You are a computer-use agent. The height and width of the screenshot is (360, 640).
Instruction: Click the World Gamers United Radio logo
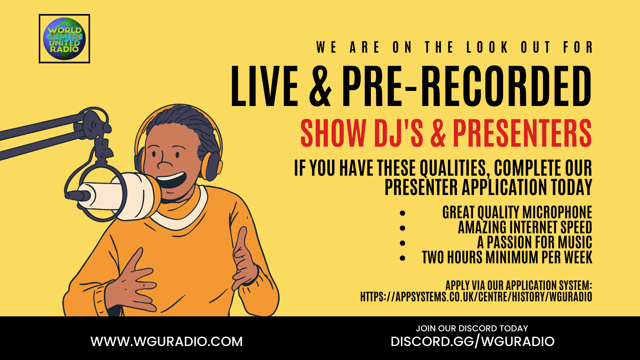click(64, 39)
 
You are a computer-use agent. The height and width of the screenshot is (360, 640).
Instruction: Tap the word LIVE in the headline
click(264, 86)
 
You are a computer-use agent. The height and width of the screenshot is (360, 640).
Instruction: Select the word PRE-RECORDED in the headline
click(467, 86)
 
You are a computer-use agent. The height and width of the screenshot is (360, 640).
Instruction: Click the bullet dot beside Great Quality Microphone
click(403, 213)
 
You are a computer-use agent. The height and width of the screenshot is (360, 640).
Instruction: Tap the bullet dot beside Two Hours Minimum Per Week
click(403, 258)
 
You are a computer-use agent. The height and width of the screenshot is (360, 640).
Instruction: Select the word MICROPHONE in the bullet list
click(557, 212)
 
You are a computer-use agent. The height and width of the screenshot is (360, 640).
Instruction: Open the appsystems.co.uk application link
click(476, 297)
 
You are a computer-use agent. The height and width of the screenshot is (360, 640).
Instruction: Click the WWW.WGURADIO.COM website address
click(167, 342)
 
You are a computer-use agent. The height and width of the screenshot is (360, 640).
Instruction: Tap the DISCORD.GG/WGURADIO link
click(472, 342)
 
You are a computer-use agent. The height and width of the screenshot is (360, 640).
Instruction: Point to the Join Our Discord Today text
click(472, 328)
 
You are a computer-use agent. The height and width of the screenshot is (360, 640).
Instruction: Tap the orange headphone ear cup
click(211, 166)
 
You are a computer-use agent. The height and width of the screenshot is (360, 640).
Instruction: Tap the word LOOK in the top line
click(487, 47)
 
